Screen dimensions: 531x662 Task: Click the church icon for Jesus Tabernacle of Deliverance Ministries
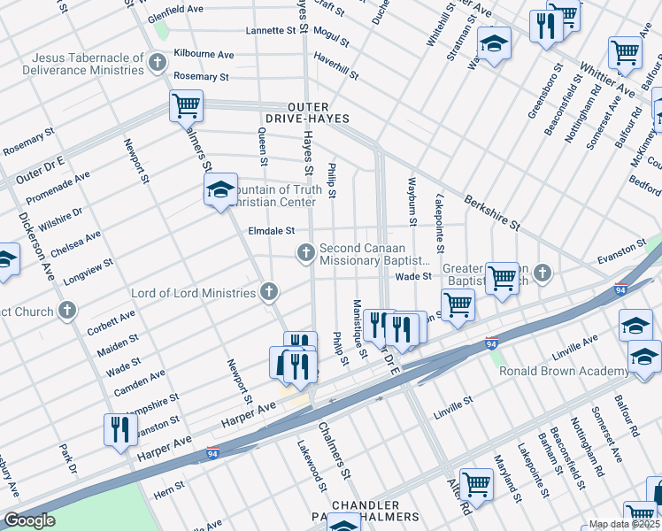point(158,62)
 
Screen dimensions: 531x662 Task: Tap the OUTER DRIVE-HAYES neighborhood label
point(306,112)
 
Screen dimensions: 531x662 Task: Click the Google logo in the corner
point(29,520)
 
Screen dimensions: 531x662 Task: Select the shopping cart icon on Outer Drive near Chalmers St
point(187,106)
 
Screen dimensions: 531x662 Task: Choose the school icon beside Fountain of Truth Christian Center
point(220,189)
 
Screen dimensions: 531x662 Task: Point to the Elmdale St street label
point(271,231)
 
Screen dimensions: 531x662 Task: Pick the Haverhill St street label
point(336,68)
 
